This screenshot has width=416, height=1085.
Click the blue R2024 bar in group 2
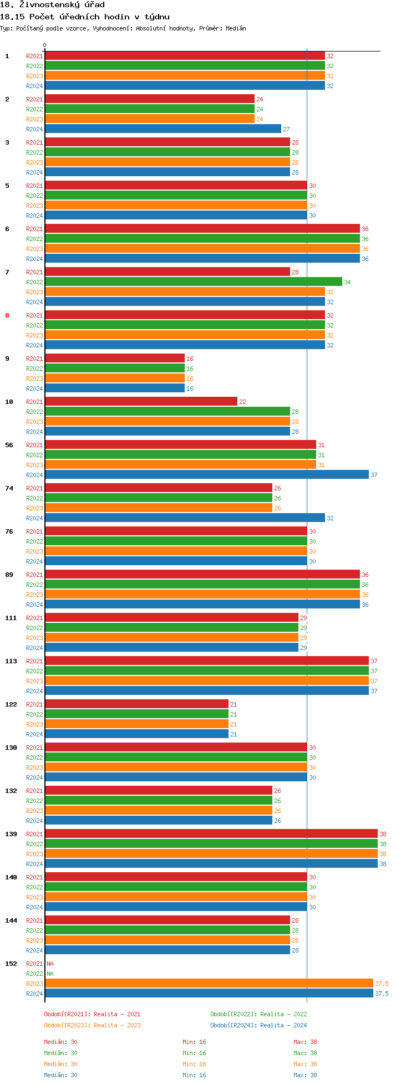[x=163, y=129]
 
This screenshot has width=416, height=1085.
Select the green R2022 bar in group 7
[x=194, y=282]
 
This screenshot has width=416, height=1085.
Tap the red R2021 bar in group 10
[x=141, y=402]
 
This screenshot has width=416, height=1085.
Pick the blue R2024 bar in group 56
[x=206, y=475]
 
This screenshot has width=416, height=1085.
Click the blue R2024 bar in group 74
[x=185, y=518]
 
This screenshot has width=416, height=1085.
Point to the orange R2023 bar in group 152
[x=209, y=984]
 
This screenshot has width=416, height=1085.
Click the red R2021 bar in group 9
[x=115, y=359]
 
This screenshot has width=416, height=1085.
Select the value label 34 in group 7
[x=347, y=282]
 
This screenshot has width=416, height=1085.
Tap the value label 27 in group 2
[x=286, y=129]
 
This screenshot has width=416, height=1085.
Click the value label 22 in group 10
[x=242, y=402]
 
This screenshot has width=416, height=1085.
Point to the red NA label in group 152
[x=50, y=964]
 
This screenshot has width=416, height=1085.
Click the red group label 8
[x=7, y=315]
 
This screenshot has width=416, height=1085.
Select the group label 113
[x=11, y=661]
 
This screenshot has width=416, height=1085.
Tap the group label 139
[x=11, y=834]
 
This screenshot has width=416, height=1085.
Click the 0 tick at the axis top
[x=45, y=45]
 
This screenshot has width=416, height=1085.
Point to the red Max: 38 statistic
[x=305, y=1042]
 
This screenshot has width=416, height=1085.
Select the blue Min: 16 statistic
[x=194, y=1075]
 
